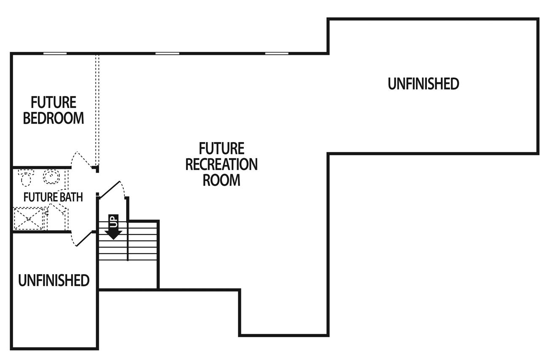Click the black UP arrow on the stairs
click(x=113, y=227)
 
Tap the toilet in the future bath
click(x=26, y=177)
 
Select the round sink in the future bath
click(x=51, y=176)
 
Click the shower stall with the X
click(x=29, y=218)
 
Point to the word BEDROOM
click(x=54, y=118)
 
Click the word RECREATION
click(x=221, y=164)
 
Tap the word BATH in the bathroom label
click(x=71, y=197)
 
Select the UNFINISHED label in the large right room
click(x=423, y=84)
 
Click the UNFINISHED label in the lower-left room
click(x=54, y=280)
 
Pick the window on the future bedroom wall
click(x=55, y=54)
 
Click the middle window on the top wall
click(x=167, y=54)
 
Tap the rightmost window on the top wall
click(x=277, y=54)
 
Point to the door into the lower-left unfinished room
click(x=83, y=239)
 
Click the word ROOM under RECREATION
click(x=221, y=180)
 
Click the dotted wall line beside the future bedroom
click(x=97, y=110)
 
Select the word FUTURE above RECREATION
click(x=221, y=149)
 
